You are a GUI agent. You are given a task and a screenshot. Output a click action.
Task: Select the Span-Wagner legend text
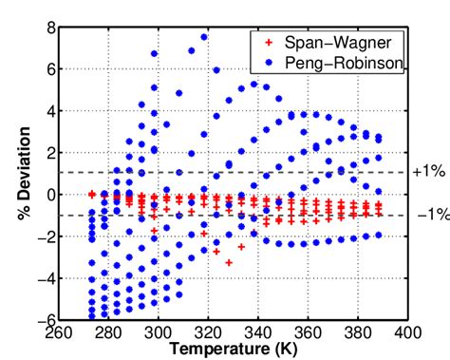pos(332,44)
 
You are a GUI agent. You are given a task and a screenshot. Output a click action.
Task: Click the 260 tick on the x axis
pos(59,333)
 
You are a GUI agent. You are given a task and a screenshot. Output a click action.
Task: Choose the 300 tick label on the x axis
pos(159,333)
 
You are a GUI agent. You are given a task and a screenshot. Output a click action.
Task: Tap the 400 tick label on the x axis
pos(407,333)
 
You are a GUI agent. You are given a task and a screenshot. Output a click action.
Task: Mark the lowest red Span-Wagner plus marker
pos(229,262)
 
